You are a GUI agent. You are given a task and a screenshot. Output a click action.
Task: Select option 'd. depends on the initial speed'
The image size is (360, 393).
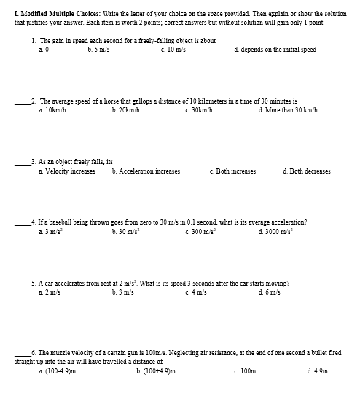(275, 50)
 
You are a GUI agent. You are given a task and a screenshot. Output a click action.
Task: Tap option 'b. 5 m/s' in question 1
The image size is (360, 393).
(98, 50)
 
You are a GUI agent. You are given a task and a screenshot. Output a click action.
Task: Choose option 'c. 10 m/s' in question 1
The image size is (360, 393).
(174, 50)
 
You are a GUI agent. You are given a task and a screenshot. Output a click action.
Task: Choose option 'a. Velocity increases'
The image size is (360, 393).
(66, 171)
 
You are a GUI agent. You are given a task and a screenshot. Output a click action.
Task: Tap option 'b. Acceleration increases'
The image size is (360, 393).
(146, 171)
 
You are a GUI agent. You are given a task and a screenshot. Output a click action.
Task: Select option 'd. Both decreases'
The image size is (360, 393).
(306, 171)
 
